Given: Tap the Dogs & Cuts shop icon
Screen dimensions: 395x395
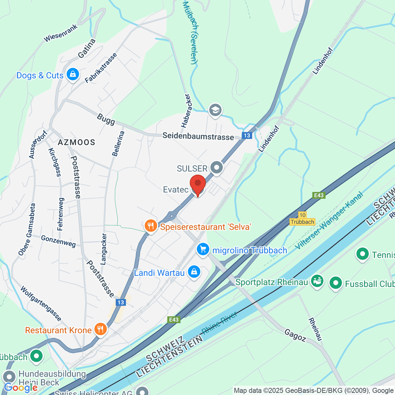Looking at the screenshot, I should coord(72,74).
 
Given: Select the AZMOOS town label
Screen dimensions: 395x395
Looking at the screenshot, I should coord(76,142).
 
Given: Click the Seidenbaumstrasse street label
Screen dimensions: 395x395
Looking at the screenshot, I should coord(198,137).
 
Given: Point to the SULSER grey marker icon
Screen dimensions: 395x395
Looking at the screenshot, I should coord(217,168).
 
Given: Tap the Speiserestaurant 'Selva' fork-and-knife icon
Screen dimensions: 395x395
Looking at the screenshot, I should coord(151,226).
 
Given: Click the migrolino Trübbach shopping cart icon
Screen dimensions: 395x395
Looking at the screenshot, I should coord(203,249).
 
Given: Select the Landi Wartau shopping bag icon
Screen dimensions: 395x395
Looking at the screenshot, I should coord(194,272).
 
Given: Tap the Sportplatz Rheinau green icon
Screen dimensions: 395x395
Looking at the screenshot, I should coord(317,281).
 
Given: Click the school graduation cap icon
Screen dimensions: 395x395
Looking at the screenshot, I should coord(215,110).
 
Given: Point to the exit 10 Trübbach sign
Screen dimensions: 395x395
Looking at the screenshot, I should coord(303,219).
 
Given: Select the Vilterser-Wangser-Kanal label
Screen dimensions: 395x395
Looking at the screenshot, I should coord(329,221).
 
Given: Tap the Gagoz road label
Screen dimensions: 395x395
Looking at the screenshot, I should coord(295,335).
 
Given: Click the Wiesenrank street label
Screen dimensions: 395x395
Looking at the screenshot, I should coord(61,33).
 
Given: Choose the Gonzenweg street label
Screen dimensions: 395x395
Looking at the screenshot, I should coord(58,241).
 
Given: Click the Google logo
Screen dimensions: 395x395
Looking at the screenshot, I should coord(20,387).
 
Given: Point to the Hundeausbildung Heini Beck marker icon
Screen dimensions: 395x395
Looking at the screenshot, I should coord(9,377).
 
